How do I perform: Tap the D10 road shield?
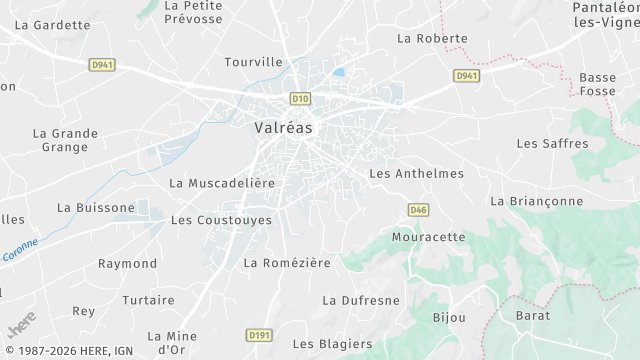pyautogui.click(x=300, y=98)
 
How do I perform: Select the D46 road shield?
pyautogui.click(x=419, y=209)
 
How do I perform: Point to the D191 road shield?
pyautogui.click(x=259, y=335)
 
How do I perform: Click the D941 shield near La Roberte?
pyautogui.click(x=466, y=76)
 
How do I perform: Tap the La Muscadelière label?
pyautogui.click(x=222, y=183)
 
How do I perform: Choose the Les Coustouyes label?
pyautogui.click(x=221, y=220)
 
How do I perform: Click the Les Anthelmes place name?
pyautogui.click(x=417, y=173)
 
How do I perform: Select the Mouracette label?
pyautogui.click(x=429, y=237)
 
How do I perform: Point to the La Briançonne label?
pyautogui.click(x=537, y=201)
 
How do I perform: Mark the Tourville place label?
pyautogui.click(x=254, y=61)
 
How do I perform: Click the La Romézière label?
pyautogui.click(x=287, y=263)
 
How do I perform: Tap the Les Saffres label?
pyautogui.click(x=553, y=143)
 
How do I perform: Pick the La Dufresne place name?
pyautogui.click(x=361, y=300)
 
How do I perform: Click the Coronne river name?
pyautogui.click(x=21, y=250)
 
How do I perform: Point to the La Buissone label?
pyautogui.click(x=96, y=208)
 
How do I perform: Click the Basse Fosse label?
pyautogui.click(x=598, y=85)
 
